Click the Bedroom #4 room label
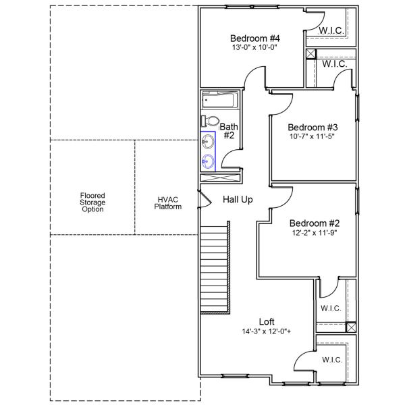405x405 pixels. tap(254, 38)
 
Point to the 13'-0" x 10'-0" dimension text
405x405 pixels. tap(254, 47)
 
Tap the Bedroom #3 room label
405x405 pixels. tap(312, 127)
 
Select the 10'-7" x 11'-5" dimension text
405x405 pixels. tap(312, 136)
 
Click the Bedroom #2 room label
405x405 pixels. tap(314, 223)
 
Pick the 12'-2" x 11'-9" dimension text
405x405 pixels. tap(314, 233)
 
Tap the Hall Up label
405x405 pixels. tap(238, 200)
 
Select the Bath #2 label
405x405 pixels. tap(229, 131)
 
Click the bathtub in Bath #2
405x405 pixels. tap(219, 101)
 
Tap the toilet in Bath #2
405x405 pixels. tap(210, 122)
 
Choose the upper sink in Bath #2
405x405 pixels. tap(209, 142)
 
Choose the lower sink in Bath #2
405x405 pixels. tap(209, 161)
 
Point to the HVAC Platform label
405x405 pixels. tap(168, 203)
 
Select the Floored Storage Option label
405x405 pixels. tap(92, 202)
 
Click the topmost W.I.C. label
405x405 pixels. tap(332, 30)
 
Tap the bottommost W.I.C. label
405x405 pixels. tap(331, 359)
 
